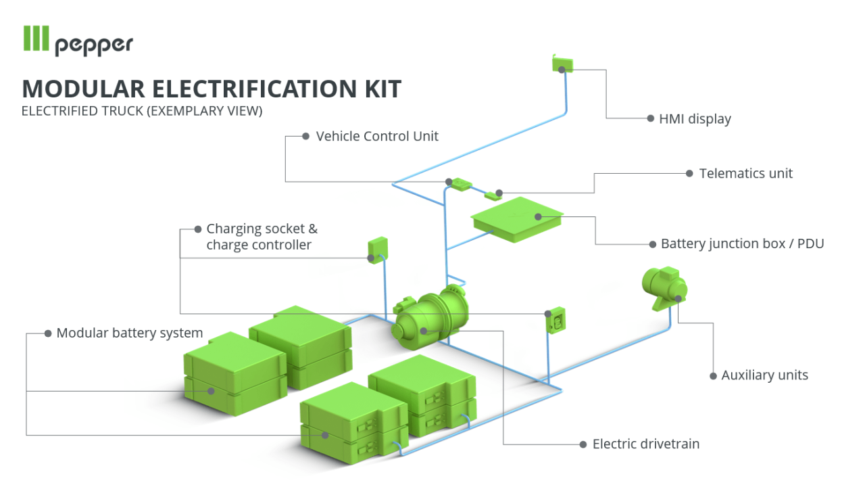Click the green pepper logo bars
click(x=36, y=39)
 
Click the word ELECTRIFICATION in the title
click(x=248, y=89)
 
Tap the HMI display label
click(x=695, y=119)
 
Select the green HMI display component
click(x=562, y=64)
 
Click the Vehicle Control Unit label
click(x=377, y=136)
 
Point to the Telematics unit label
click(x=745, y=173)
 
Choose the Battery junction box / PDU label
click(x=742, y=243)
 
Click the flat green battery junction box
click(x=518, y=218)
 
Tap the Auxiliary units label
click(x=764, y=375)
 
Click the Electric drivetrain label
click(x=645, y=444)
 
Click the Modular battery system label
click(x=129, y=333)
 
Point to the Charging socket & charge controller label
click(x=261, y=237)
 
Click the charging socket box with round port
click(x=556, y=320)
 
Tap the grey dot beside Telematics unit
click(x=689, y=173)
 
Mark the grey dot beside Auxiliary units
click(x=713, y=375)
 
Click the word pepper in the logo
click(x=94, y=45)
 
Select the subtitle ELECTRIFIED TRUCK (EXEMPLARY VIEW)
click(x=141, y=111)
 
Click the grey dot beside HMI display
click(x=650, y=118)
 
